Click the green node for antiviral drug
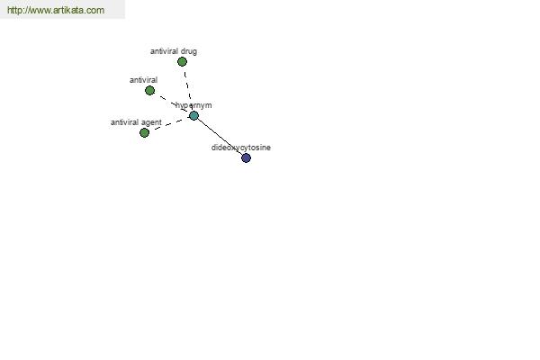(x=182, y=62)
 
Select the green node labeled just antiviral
(x=149, y=91)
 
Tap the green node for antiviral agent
(x=145, y=132)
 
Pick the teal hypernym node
(x=193, y=115)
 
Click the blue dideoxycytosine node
(x=247, y=157)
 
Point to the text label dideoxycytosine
(x=241, y=148)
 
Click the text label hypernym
(x=193, y=105)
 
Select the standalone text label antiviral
(x=144, y=80)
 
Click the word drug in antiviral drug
(x=189, y=51)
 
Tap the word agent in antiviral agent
(x=151, y=122)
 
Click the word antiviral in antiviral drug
(x=165, y=51)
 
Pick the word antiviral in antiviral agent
(x=125, y=122)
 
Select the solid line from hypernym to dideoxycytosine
(x=220, y=137)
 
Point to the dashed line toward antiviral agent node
(x=170, y=124)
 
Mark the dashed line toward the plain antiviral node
(x=174, y=103)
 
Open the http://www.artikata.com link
(x=56, y=10)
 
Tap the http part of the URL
(x=13, y=10)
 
